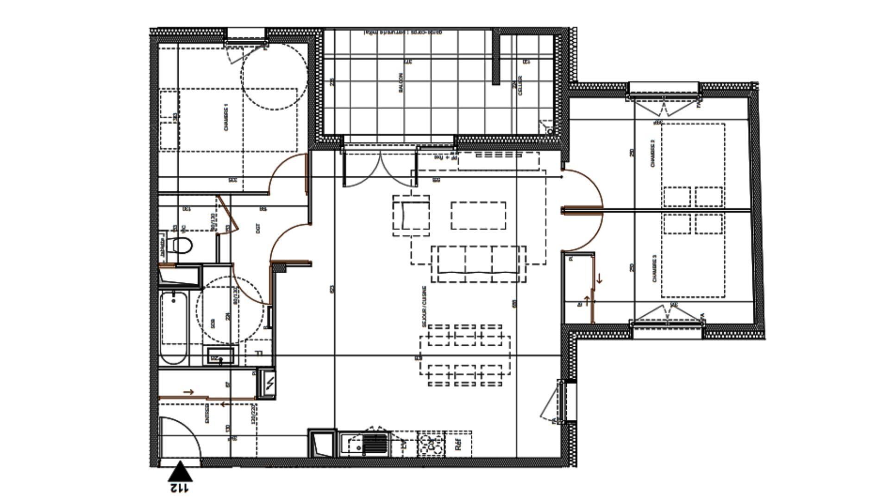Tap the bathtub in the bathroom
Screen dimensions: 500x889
(174, 327)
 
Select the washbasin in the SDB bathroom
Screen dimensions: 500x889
(220, 356)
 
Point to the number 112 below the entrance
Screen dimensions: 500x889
(179, 488)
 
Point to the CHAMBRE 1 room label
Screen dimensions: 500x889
(226, 118)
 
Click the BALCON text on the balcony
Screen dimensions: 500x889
(401, 82)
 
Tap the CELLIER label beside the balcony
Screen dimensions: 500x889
(520, 86)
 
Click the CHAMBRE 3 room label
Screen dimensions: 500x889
(654, 269)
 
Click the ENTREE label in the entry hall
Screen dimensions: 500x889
(207, 413)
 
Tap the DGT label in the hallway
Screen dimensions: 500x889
(258, 228)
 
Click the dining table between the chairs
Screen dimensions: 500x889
(465, 356)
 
